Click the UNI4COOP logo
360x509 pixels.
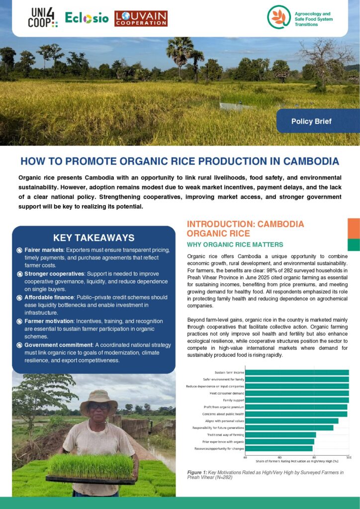pos(42,17)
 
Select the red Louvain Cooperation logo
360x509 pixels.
pos(141,18)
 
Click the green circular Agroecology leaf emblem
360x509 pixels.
pos(278,17)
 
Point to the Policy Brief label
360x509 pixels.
pos(311,121)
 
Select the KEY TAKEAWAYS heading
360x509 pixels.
pos(93,238)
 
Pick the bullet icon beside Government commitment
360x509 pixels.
pos(19,345)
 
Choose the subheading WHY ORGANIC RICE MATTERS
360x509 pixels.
pos(235,245)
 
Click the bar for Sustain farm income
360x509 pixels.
pos(297,372)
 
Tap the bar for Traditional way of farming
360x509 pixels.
pos(280,434)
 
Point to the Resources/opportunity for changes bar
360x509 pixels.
pos(279,448)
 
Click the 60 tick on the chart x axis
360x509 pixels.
pos(279,457)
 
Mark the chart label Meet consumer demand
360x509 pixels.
pos(226,393)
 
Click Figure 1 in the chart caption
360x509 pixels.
pos(197,472)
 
